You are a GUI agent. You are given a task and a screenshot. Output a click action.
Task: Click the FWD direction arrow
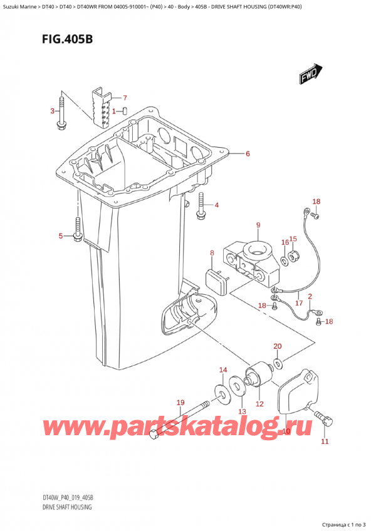[311, 73]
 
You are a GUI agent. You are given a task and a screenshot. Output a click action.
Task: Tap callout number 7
[125, 98]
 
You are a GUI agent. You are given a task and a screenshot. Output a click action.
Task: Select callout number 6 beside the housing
[248, 154]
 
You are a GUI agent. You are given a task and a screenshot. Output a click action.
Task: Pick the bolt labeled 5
[77, 230]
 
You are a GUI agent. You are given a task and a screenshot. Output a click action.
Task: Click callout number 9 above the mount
[258, 225]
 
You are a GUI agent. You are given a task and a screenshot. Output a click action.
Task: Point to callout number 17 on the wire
[299, 302]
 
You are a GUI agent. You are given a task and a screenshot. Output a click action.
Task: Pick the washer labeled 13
[238, 386]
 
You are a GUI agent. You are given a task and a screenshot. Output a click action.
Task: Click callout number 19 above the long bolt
[180, 403]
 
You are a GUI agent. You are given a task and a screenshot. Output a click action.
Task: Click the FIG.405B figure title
[68, 39]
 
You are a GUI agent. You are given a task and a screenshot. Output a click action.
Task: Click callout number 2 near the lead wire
[310, 297]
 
